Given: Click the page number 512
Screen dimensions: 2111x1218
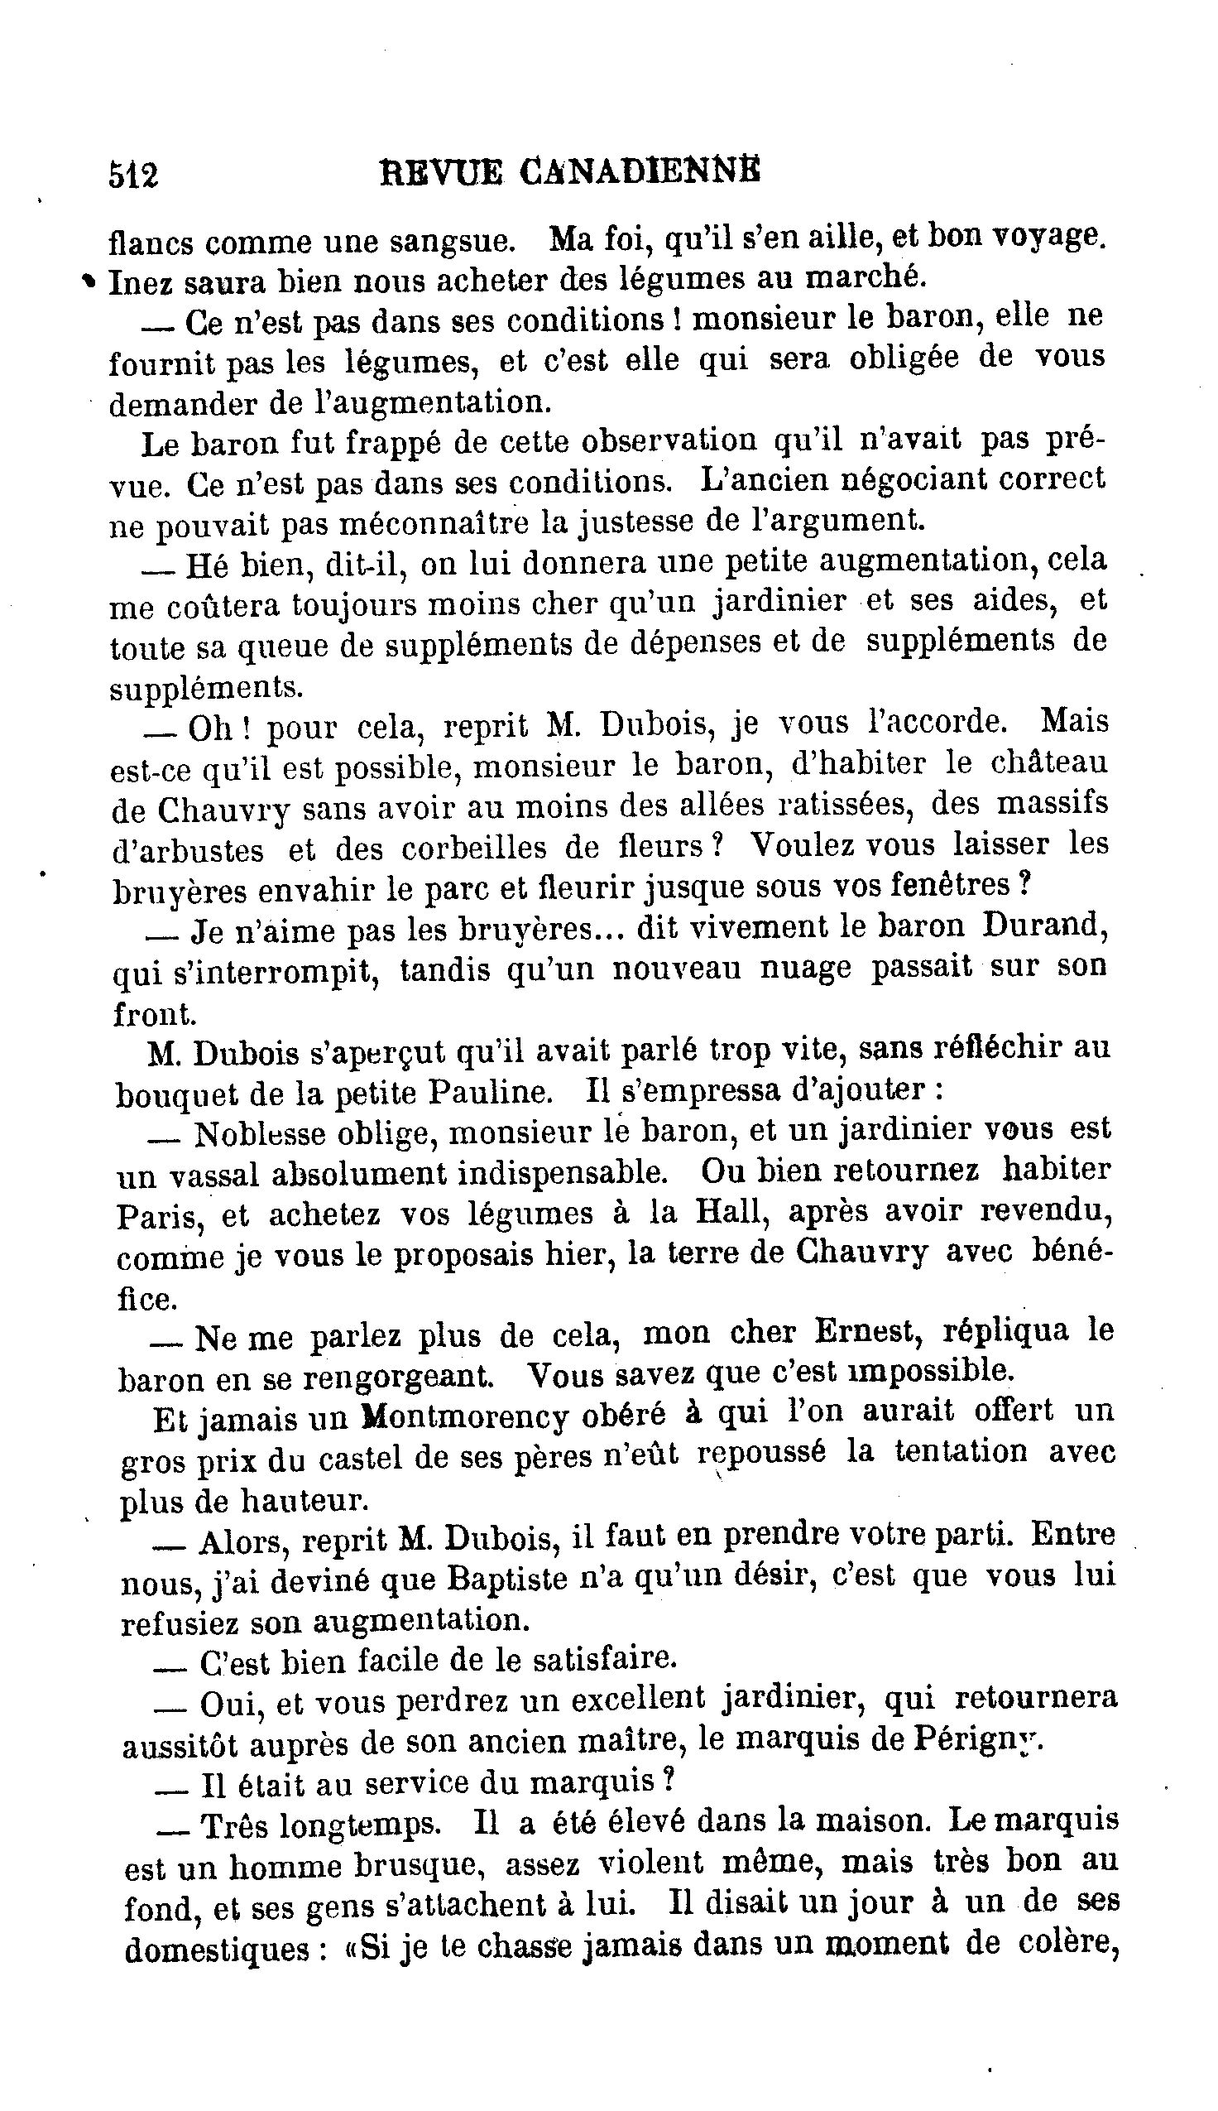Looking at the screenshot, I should coord(133,176).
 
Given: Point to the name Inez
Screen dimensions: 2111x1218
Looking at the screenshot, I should coord(141,282).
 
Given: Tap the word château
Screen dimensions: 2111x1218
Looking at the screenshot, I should coord(1052,763).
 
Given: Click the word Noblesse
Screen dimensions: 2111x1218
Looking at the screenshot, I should coord(260,1135).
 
